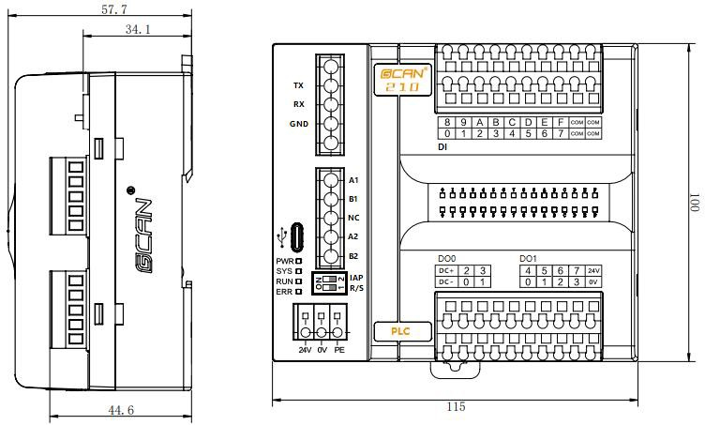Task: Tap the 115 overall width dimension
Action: [x=455, y=406]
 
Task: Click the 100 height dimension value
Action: [x=694, y=202]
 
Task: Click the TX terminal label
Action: [x=298, y=85]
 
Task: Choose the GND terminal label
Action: [x=298, y=124]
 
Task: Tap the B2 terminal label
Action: [x=353, y=256]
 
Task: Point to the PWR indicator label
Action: [x=285, y=260]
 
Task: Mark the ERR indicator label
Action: [x=285, y=292]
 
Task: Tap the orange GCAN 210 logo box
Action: [x=401, y=79]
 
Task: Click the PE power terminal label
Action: [x=339, y=350]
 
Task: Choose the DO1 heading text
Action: [x=528, y=258]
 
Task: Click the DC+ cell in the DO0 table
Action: [x=446, y=271]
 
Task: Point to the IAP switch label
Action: [x=356, y=278]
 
